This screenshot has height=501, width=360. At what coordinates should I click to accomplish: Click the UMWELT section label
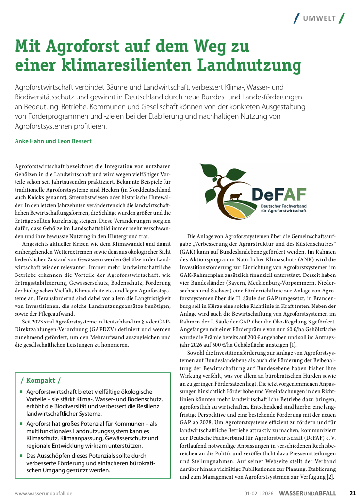point(320,18)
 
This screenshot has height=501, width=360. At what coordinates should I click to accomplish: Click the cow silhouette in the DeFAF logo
point(237,197)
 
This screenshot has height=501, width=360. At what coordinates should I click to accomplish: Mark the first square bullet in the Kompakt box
point(22,392)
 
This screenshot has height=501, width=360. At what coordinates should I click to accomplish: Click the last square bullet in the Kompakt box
point(22,456)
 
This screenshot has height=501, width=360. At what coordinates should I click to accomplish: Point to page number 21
point(353,493)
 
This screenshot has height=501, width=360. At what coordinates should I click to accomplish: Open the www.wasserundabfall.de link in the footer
point(44,493)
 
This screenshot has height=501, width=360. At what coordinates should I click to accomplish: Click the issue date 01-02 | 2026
point(259,493)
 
